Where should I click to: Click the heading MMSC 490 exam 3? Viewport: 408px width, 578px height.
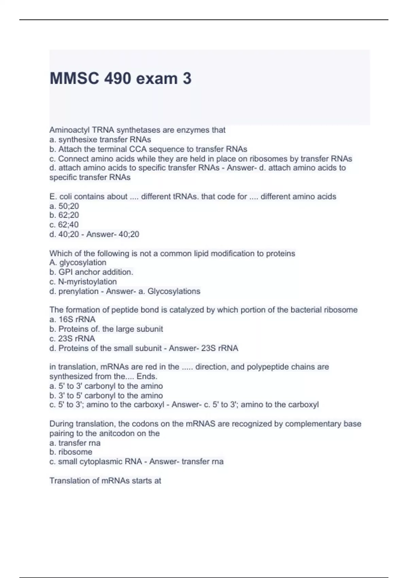coord(120,79)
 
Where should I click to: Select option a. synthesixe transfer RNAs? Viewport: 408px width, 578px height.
coord(100,139)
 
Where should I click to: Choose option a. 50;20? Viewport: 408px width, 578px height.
coord(64,206)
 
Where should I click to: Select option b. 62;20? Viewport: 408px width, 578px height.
coord(64,215)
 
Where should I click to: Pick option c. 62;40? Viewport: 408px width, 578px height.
coord(64,225)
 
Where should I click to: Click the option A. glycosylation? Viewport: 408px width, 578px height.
coord(78,262)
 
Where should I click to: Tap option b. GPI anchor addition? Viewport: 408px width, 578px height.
coord(91,272)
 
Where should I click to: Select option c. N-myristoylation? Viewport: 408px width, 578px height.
coord(83,282)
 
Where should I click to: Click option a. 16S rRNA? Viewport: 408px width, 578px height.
coord(72,319)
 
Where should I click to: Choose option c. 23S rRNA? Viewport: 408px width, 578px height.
coord(72,338)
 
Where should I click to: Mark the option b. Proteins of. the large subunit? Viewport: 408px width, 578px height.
coord(106,329)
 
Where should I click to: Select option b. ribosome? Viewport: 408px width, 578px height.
coord(71,452)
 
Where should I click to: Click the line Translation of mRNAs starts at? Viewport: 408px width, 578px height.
coord(105,480)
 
